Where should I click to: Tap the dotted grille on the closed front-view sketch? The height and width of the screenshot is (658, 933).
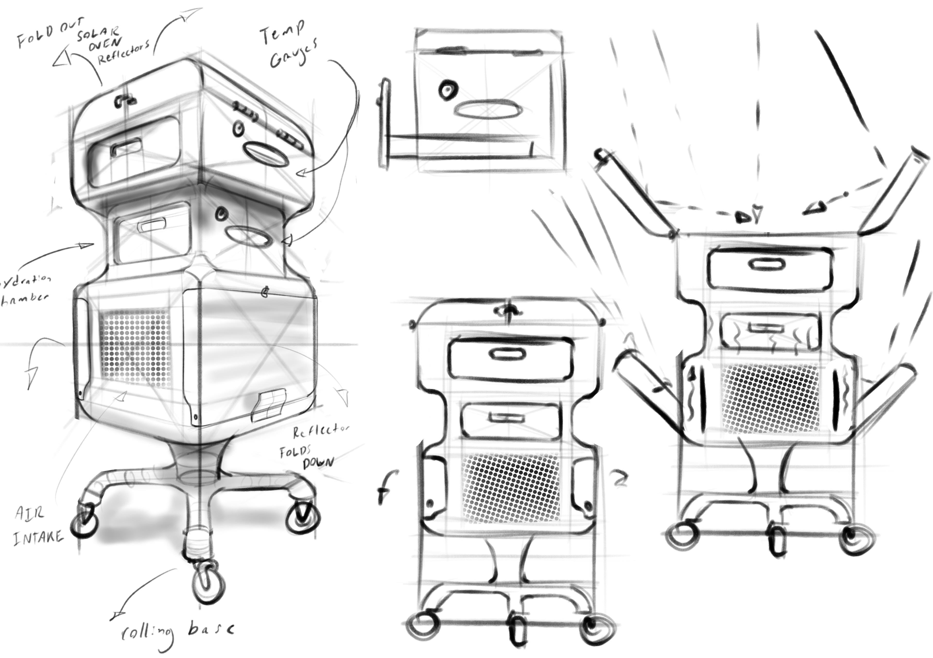pyautogui.click(x=511, y=488)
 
